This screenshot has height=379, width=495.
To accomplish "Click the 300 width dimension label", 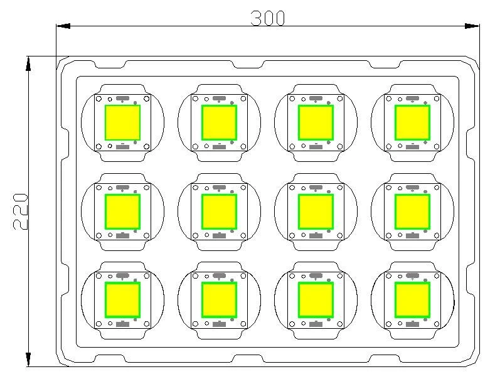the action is (268, 18).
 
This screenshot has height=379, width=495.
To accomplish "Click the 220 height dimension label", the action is (21, 211).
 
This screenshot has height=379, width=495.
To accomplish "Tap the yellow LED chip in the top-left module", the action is (122, 122).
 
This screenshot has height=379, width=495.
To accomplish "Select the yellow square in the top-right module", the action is (412, 122).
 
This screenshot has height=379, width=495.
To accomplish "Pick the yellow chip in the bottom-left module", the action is (122, 300).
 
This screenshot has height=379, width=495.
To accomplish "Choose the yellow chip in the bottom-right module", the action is (412, 300).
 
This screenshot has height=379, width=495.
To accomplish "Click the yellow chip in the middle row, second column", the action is (219, 211).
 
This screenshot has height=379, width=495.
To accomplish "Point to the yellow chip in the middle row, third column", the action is (316, 211).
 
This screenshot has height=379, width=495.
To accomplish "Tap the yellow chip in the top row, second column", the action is (219, 122).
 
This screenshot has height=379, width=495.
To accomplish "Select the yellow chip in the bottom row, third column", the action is (316, 300).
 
